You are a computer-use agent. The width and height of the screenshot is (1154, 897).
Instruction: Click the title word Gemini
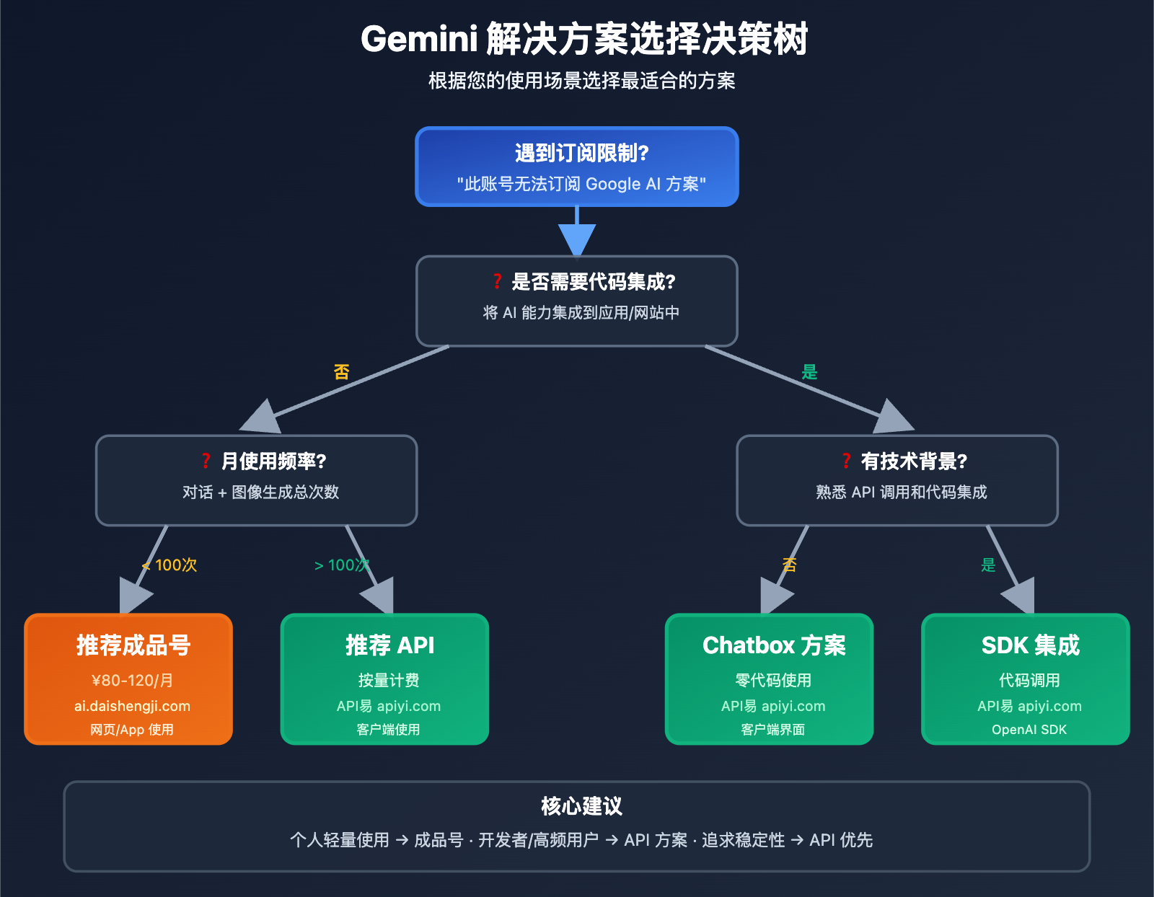[x=419, y=39]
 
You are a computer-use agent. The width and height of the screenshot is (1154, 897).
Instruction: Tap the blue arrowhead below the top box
[x=577, y=239]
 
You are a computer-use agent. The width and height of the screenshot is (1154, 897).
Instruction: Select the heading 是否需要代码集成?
[x=593, y=282]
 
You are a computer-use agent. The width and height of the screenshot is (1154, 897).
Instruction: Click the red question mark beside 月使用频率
[x=206, y=461]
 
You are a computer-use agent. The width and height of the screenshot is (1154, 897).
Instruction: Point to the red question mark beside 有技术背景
[x=846, y=461]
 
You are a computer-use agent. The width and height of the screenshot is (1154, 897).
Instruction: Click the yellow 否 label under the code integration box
[x=341, y=372]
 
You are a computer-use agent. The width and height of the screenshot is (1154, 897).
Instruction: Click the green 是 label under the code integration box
[x=809, y=372]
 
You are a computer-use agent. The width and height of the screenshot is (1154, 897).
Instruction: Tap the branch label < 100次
[x=170, y=565]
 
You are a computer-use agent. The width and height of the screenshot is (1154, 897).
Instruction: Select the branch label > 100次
[x=342, y=565]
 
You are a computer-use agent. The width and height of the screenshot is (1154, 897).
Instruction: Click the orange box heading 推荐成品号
[x=133, y=645]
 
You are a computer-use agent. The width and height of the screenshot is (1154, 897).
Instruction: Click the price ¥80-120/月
[x=132, y=681]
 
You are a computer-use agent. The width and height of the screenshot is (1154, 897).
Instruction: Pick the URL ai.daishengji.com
[x=132, y=707]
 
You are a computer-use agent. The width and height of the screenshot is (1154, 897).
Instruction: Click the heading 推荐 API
[x=389, y=645]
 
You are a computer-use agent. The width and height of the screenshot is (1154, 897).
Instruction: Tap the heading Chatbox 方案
[x=774, y=645]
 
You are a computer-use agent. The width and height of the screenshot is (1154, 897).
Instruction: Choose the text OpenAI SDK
[x=1029, y=730]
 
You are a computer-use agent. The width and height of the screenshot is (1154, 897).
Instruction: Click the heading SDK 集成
[x=1030, y=645]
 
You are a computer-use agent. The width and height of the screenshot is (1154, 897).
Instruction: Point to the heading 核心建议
[x=581, y=806]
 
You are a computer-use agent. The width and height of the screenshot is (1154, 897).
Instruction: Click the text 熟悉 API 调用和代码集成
[x=901, y=492]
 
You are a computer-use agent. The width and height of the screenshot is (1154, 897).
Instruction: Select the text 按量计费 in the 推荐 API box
[x=389, y=681]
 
